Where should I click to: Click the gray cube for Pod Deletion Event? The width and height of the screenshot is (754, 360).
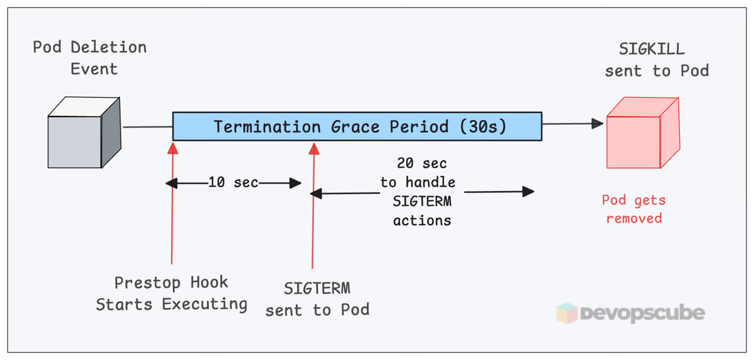click(x=84, y=133)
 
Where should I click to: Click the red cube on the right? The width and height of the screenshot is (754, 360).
click(x=642, y=134)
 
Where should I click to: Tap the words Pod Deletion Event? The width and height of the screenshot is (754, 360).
click(x=90, y=58)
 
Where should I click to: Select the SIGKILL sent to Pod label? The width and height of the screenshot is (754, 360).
click(x=656, y=60)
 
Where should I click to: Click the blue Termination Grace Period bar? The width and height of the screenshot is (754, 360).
click(x=357, y=126)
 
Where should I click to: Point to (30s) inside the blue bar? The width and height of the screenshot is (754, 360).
click(x=483, y=126)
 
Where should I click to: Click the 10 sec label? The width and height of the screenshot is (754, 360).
click(x=233, y=182)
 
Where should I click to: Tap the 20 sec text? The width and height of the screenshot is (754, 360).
click(x=422, y=164)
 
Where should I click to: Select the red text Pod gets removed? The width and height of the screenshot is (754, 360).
click(x=634, y=209)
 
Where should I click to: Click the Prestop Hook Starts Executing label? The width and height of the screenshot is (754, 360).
click(x=172, y=294)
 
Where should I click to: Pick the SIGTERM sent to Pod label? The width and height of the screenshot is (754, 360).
click(x=317, y=299)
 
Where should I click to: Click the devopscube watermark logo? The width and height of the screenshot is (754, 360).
click(x=631, y=313)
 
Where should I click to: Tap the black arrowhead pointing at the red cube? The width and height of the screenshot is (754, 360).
click(x=597, y=124)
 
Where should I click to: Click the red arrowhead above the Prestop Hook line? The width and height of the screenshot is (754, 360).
click(x=173, y=148)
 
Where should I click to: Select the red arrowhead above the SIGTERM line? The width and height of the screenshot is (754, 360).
click(x=314, y=149)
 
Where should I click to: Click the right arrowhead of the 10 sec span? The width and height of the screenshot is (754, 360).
click(x=295, y=183)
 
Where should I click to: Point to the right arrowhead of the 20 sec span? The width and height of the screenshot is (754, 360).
click(x=528, y=191)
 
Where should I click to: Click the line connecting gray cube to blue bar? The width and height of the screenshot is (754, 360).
click(x=148, y=127)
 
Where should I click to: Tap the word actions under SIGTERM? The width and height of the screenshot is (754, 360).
click(x=422, y=221)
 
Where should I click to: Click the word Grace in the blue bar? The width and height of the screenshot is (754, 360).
click(x=355, y=127)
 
